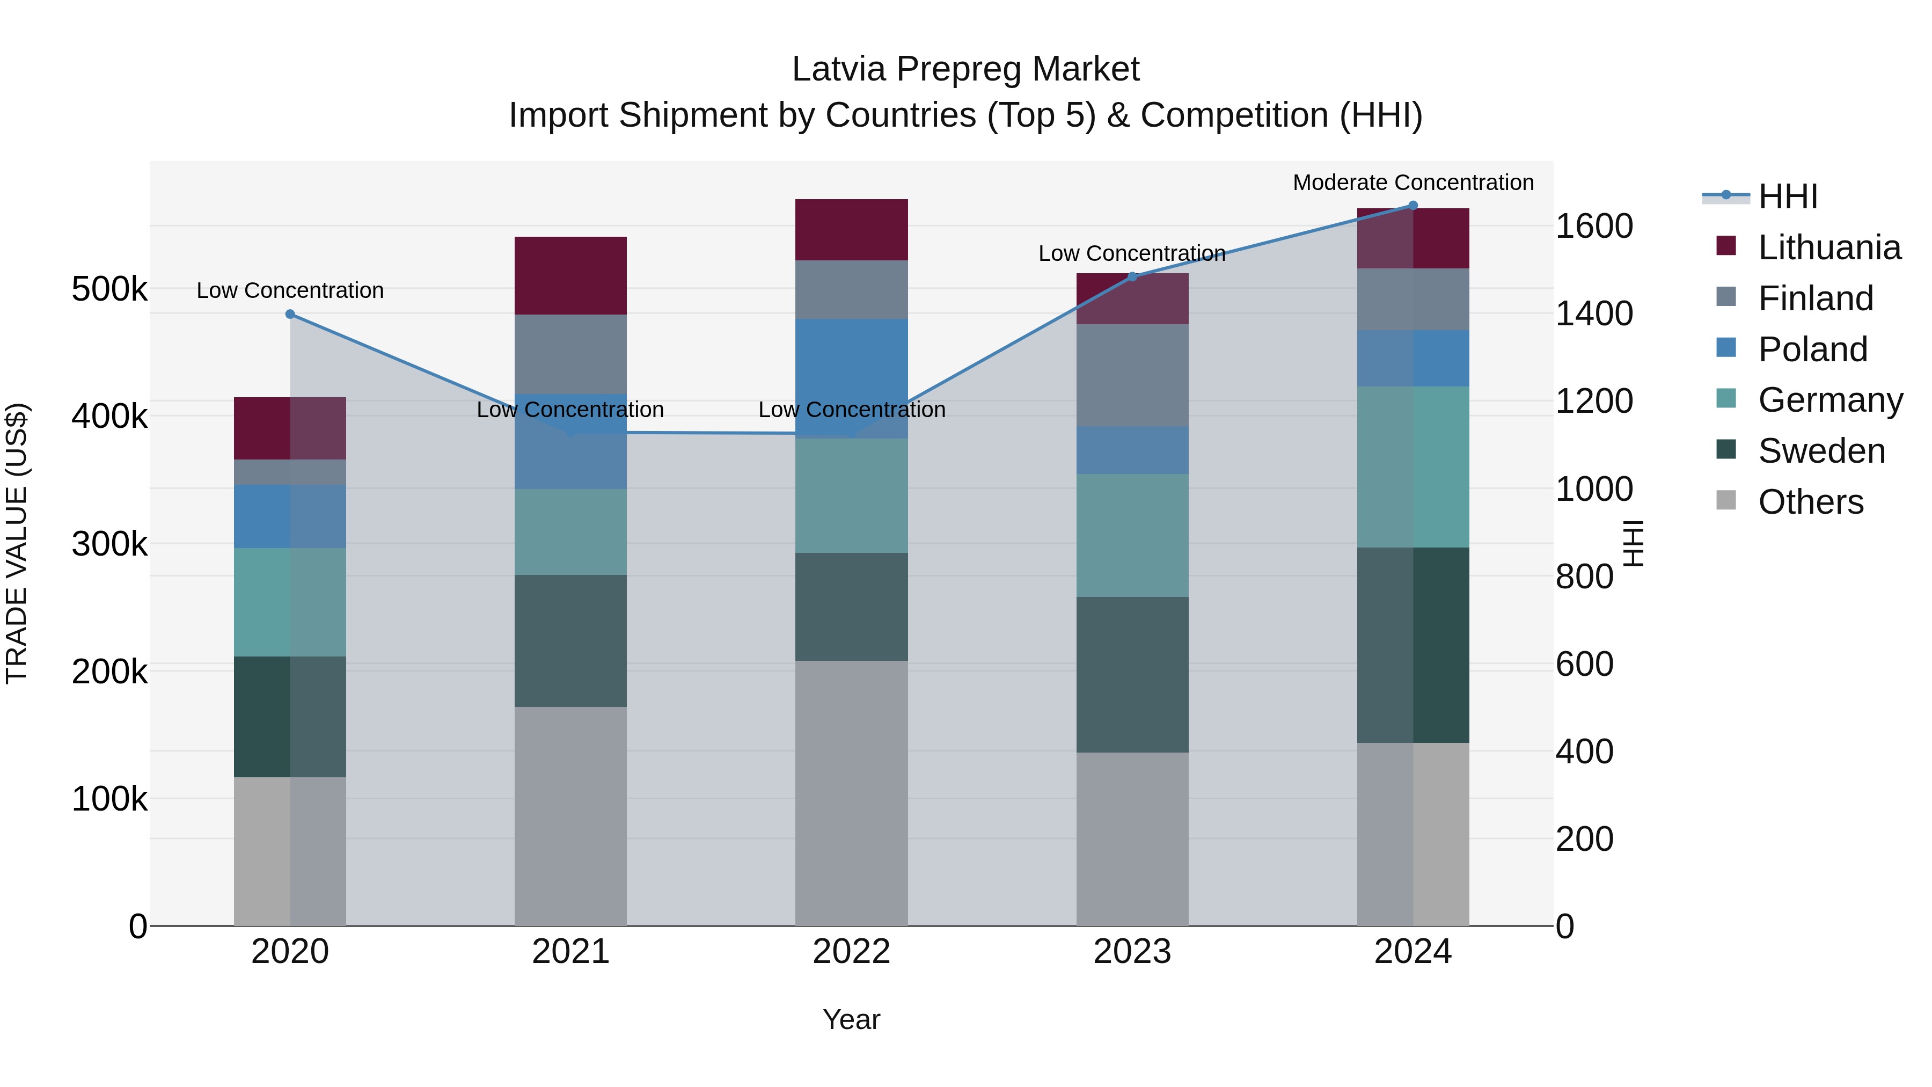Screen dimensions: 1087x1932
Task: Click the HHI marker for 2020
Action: click(290, 315)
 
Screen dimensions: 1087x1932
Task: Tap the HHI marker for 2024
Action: click(1413, 206)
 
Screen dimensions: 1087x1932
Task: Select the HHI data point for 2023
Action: click(1132, 277)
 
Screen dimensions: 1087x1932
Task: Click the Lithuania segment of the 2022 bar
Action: click(851, 230)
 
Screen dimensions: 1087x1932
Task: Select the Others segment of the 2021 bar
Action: click(571, 816)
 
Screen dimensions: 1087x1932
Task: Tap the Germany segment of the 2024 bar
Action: click(1413, 466)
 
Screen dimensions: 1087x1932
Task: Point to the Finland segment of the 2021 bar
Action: click(571, 354)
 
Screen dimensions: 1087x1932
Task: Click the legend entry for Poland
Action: click(1812, 349)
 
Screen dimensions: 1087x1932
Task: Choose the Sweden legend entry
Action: click(1821, 451)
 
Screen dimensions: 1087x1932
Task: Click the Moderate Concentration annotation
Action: click(1413, 183)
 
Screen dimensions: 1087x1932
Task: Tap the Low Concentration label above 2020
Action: click(290, 290)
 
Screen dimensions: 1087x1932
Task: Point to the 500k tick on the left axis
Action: click(109, 289)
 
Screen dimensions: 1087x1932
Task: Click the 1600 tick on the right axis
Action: click(1594, 226)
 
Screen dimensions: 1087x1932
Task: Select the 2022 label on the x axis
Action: click(851, 952)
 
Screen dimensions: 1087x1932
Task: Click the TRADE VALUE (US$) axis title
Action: click(17, 543)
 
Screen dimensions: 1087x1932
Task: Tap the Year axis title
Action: click(851, 1019)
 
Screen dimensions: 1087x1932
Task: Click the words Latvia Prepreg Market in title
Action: click(965, 69)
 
